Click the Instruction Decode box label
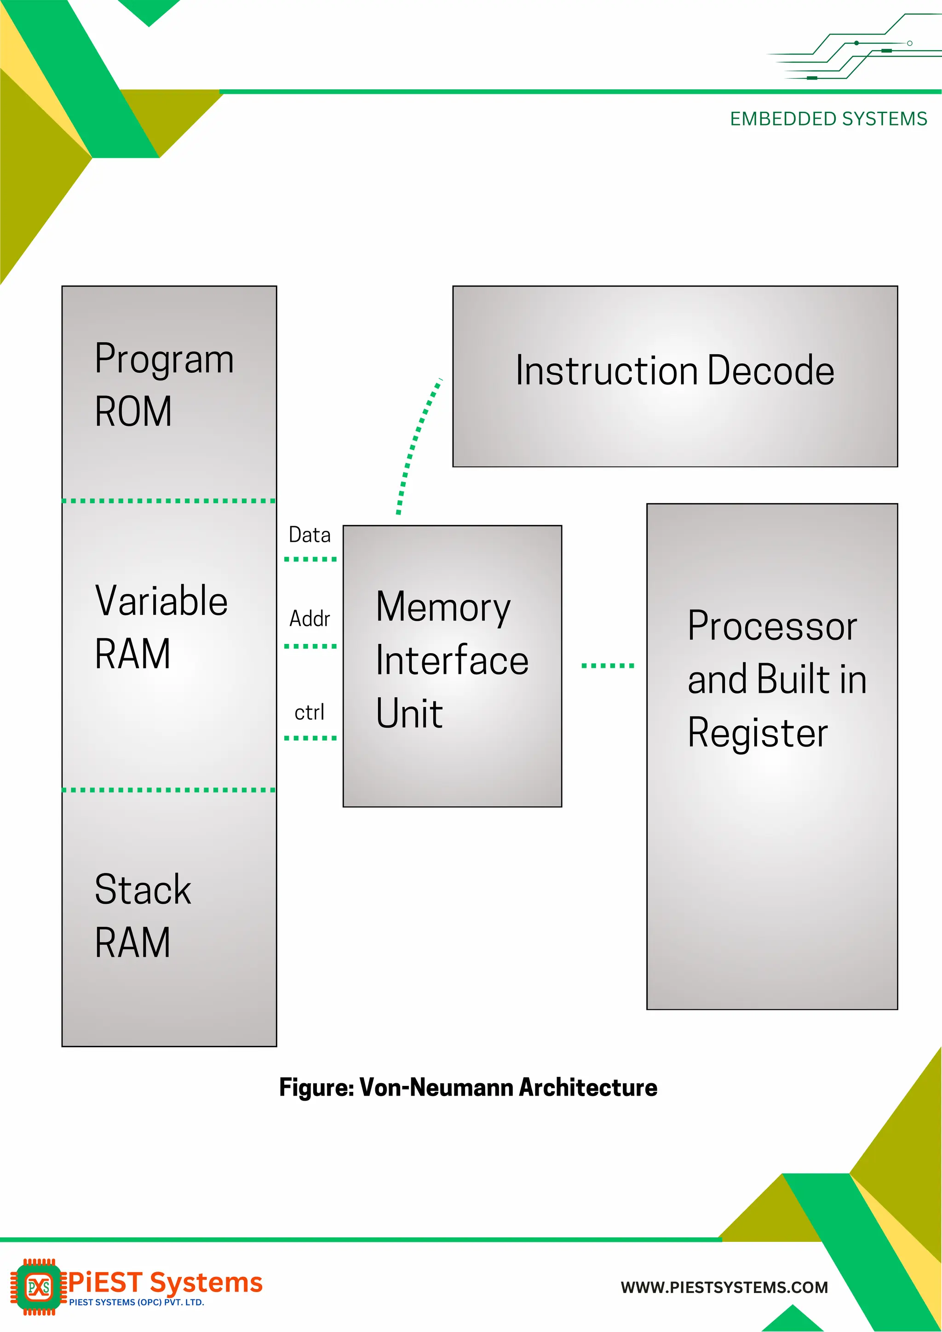click(675, 371)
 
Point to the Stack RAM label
click(142, 915)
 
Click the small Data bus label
click(310, 535)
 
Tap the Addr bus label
click(310, 619)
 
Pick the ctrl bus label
click(309, 712)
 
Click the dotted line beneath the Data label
click(310, 559)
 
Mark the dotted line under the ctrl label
click(310, 738)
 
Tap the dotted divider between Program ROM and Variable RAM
click(169, 501)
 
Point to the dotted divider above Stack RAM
click(169, 790)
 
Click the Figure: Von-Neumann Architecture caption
click(468, 1088)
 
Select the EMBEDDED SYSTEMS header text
click(828, 119)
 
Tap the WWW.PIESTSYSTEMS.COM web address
click(724, 1287)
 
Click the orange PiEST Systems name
click(165, 1282)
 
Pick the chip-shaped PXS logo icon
click(38, 1287)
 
